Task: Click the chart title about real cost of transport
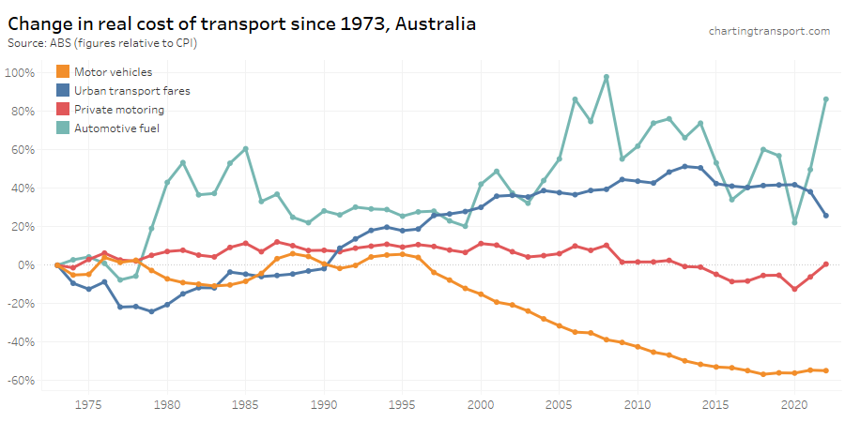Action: tap(241, 23)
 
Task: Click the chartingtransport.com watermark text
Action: tap(769, 31)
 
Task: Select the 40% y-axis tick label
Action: tap(23, 188)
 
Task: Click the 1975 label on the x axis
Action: tap(89, 405)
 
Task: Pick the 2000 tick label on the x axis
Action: tap(481, 405)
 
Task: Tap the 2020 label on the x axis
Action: tap(794, 405)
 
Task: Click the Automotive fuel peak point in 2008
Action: tap(607, 77)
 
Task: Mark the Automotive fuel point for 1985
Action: tap(246, 148)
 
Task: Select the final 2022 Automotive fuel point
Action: tap(826, 99)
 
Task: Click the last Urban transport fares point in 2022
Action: tap(826, 216)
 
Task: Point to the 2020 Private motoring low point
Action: tap(794, 289)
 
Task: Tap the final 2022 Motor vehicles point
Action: tap(826, 370)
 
